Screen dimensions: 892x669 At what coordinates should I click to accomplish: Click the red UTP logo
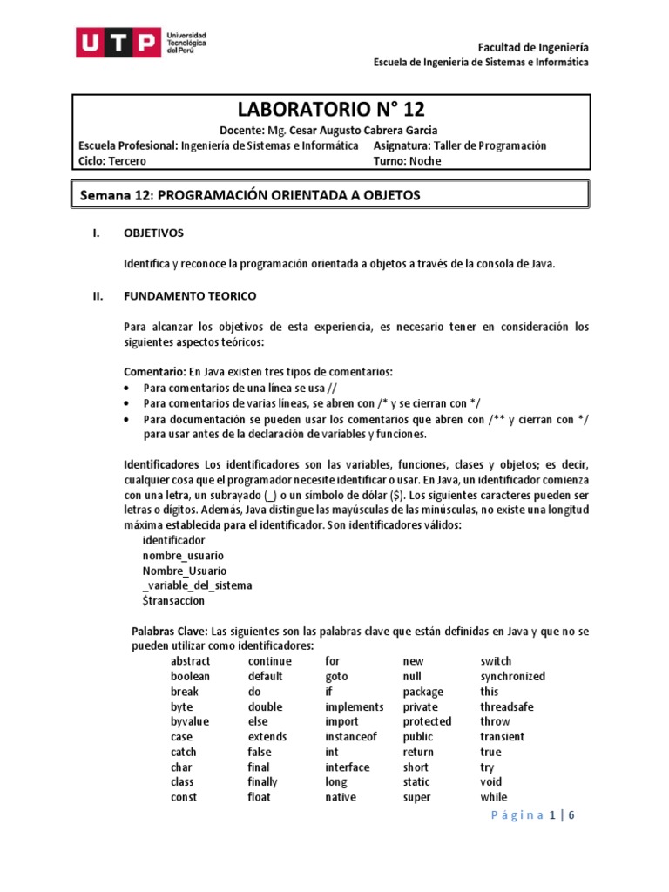[x=118, y=42]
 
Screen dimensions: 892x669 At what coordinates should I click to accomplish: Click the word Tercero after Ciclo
[x=127, y=161]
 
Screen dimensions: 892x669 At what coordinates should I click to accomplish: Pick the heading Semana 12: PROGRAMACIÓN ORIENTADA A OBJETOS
[x=250, y=195]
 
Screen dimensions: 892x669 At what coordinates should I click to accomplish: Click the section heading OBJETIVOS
[x=154, y=233]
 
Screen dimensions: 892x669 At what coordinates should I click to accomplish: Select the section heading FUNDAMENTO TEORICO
[x=190, y=295]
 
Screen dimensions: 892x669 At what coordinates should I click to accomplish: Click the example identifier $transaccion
[x=173, y=600]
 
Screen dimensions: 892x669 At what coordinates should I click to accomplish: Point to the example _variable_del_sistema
[x=197, y=585]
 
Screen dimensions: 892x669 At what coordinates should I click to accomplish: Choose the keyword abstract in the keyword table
[x=195, y=661]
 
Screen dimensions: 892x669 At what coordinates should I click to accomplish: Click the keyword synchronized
[x=512, y=677]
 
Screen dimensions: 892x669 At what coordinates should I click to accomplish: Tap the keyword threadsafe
[x=509, y=706]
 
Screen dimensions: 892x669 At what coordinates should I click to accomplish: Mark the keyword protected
[x=427, y=722]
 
